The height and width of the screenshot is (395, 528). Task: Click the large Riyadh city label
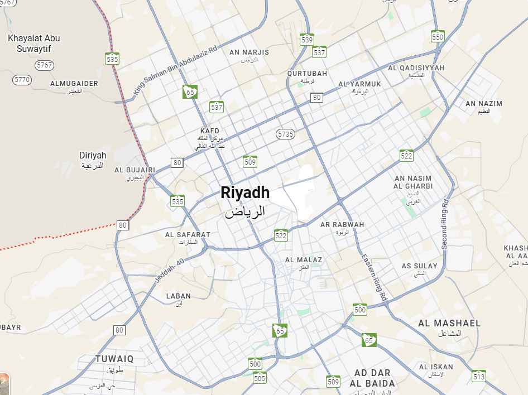tap(245, 193)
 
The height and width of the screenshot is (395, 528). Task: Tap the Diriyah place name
tap(93, 156)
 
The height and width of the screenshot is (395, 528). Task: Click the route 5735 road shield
tap(285, 134)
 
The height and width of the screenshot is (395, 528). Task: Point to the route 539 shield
tap(306, 40)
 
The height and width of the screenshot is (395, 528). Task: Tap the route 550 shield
tap(438, 37)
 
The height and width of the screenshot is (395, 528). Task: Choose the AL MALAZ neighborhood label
tap(304, 260)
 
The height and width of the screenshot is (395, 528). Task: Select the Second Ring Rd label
tap(445, 224)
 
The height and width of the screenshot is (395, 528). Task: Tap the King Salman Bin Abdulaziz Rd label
tap(175, 70)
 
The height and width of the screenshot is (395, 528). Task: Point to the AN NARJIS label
tap(249, 52)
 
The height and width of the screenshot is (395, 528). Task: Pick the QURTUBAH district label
tap(307, 74)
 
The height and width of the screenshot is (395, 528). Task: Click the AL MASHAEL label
tap(449, 324)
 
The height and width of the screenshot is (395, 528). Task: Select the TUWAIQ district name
tap(114, 359)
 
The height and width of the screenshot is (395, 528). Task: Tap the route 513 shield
tap(479, 377)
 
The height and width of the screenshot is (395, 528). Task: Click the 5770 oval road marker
tap(22, 80)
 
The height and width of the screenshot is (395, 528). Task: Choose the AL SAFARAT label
tap(188, 235)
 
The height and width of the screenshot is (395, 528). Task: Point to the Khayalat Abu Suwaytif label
tap(34, 43)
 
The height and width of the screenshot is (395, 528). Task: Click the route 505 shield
tap(260, 378)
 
